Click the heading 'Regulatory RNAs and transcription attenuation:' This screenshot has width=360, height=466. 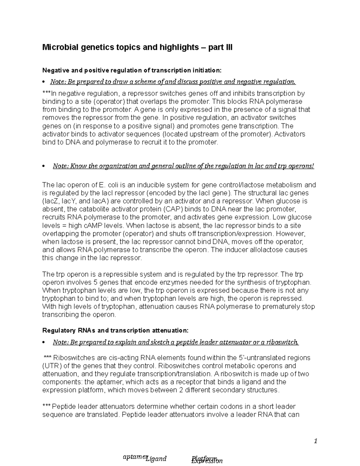tap(115, 330)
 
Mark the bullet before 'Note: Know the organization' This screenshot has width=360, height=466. tap(44, 166)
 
